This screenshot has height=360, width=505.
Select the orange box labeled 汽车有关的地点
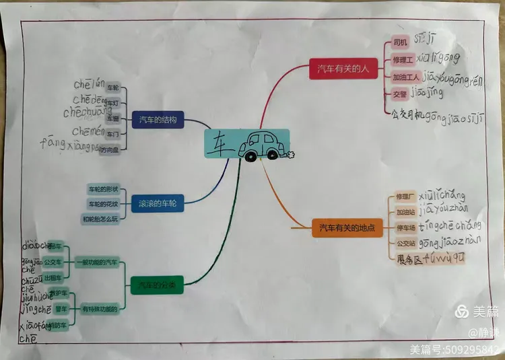(x=347, y=228)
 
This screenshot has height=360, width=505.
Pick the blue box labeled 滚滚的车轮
(x=158, y=203)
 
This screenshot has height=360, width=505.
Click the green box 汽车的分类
(x=156, y=285)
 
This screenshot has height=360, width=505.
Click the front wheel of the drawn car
(x=250, y=157)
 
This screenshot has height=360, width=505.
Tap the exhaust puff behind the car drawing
(x=290, y=155)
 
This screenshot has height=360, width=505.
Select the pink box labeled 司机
(x=400, y=42)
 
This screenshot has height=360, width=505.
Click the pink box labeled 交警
(x=400, y=94)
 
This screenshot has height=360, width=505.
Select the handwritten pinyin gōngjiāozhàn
(x=450, y=241)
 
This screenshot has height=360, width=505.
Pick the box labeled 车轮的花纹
(x=103, y=203)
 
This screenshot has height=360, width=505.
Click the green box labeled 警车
(x=61, y=309)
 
